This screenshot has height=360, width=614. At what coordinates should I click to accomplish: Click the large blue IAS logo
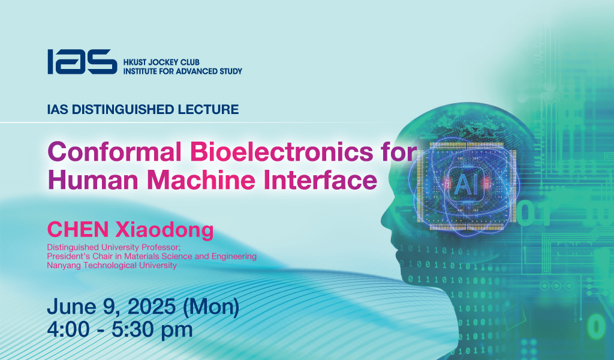click(x=82, y=62)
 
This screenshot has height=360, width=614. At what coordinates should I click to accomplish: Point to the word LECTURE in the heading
click(x=208, y=109)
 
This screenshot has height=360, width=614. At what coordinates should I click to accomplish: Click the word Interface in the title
click(x=320, y=180)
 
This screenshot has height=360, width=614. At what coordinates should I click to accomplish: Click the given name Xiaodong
click(x=164, y=230)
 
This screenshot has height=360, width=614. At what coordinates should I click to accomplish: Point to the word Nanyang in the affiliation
click(x=64, y=266)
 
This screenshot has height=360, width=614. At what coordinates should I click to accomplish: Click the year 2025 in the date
click(x=152, y=307)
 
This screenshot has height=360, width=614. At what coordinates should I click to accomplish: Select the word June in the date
click(x=71, y=307)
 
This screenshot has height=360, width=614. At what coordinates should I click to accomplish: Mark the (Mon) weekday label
click(x=211, y=307)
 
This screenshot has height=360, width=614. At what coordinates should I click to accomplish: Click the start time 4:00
click(x=68, y=329)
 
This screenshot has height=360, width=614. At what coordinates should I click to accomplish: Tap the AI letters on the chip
click(x=466, y=185)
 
